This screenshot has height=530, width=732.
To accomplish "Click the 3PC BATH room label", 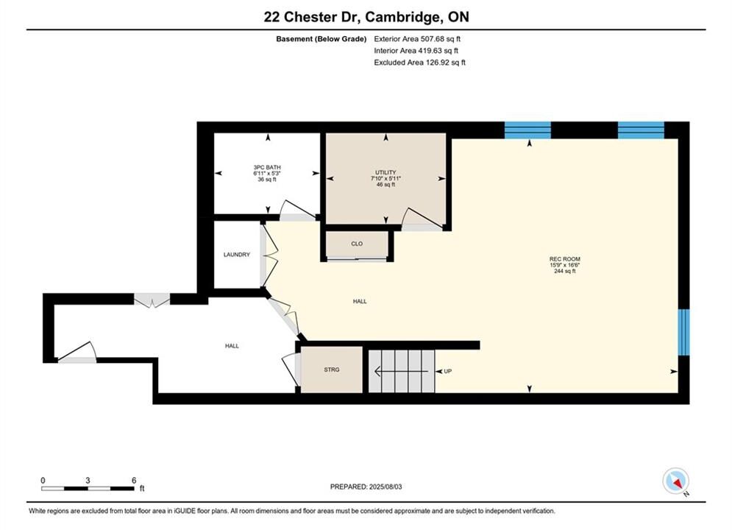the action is point(267,167).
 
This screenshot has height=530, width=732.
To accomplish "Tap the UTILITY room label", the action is point(385,172).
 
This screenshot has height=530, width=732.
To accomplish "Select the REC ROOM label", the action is point(565,259).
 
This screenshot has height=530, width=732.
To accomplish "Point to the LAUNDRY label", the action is point(237,255).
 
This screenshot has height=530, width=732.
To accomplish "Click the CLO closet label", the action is point(357,244).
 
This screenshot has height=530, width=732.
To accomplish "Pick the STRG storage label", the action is point(332,370).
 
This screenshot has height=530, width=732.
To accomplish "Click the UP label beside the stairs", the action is point(448,371).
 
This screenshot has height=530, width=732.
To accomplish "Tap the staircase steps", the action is point(402,371).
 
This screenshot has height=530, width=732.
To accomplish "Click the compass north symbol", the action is point(676,481).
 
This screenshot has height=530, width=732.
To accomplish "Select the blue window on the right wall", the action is point(683,332).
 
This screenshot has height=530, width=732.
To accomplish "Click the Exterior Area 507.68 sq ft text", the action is point(417,39).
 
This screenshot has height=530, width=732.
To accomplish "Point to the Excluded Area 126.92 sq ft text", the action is point(419,63).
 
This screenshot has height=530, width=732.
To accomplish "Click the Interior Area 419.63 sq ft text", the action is point(416,51).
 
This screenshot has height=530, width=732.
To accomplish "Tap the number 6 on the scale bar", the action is point(134,480).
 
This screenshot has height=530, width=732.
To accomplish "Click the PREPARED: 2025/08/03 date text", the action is point(366,487).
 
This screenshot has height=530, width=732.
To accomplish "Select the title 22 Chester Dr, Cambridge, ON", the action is point(366,17).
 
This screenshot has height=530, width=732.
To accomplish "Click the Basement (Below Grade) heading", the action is point(321,39).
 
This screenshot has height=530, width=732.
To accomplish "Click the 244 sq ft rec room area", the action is point(565,271).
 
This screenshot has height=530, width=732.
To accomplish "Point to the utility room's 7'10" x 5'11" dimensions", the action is point(385,178).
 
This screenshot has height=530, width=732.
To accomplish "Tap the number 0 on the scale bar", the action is point(43,480).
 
